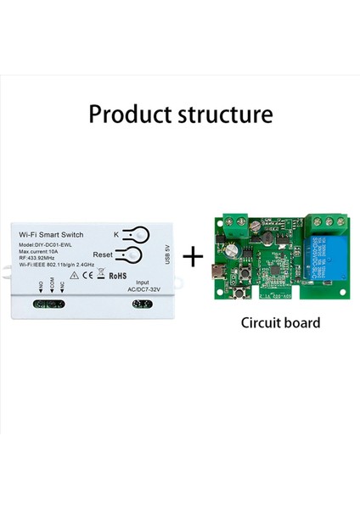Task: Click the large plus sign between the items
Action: click(x=195, y=255)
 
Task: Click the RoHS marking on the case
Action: click(x=118, y=275)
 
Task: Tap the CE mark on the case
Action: click(x=87, y=275)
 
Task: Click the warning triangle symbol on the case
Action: click(x=74, y=275)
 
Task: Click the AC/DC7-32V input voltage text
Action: click(x=142, y=289)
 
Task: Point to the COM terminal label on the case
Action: click(x=52, y=288)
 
